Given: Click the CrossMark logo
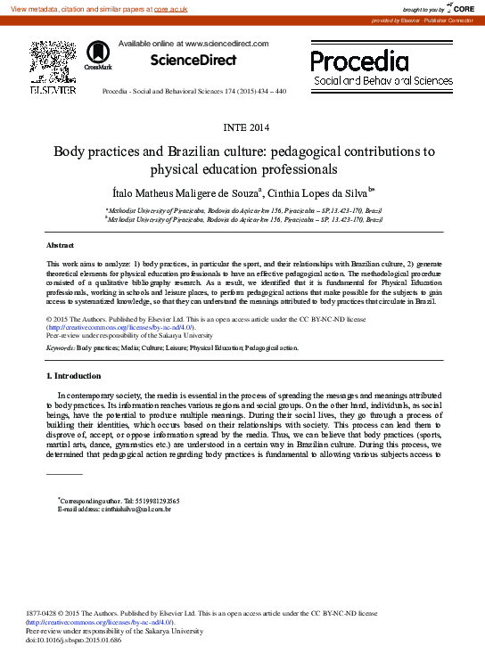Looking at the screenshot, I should click(98, 59).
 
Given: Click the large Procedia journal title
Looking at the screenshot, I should click(359, 61).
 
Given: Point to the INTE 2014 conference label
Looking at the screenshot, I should click(242, 127).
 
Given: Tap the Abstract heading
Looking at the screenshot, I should click(61, 244).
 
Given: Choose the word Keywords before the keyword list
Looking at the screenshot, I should click(60, 347).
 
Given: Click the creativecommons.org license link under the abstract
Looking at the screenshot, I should click(119, 327).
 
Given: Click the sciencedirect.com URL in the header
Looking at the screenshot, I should click(226, 43).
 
